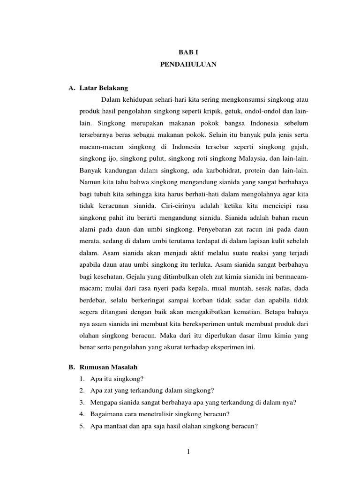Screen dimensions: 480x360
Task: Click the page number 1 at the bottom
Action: pyautogui.click(x=188, y=451)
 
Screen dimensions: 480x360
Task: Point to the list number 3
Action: pyautogui.click(x=82, y=403)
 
